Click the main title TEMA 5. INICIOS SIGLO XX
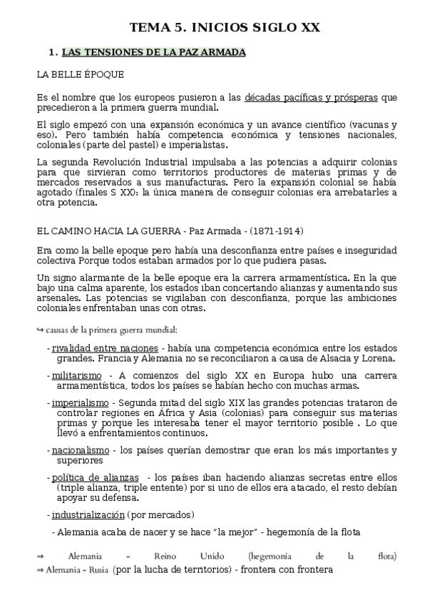pos(225,28)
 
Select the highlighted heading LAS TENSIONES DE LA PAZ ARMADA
pos(154,53)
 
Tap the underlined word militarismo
pos(76,375)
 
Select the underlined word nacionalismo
pos(81,451)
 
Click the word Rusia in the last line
pos(98,570)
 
